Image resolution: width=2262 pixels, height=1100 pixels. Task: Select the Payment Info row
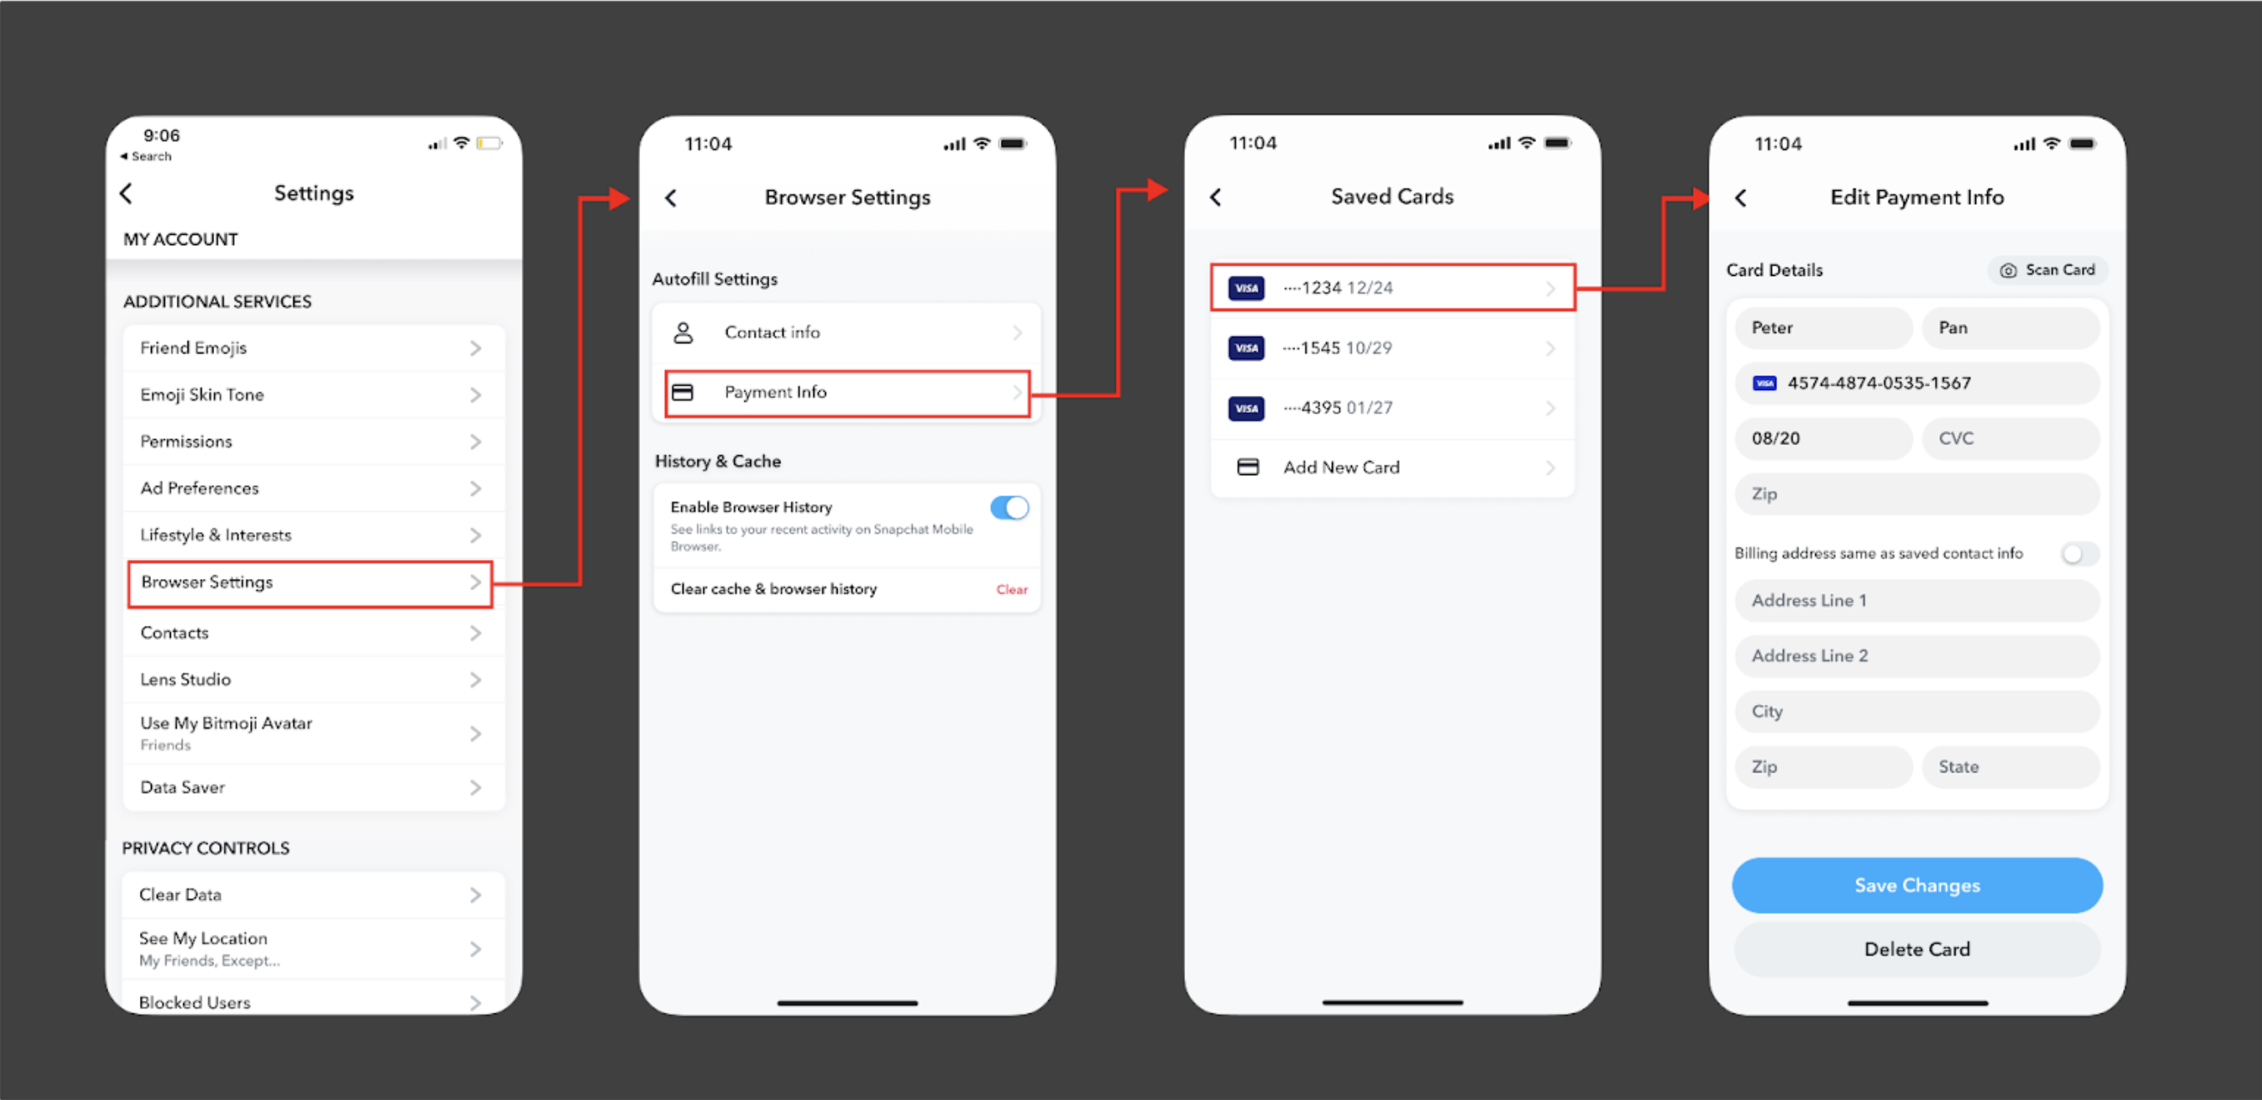coord(847,392)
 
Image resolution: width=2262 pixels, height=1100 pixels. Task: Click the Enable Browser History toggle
coord(1009,507)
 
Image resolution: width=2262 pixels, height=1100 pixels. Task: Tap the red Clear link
coord(1012,590)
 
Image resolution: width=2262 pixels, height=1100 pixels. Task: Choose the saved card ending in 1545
coord(1392,348)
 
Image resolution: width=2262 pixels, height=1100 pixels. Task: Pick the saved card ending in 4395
coord(1392,408)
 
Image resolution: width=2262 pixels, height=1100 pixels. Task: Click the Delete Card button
coord(1916,949)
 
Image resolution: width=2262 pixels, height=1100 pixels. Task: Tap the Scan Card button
coord(2049,270)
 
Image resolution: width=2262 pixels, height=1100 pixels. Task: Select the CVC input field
coord(2010,439)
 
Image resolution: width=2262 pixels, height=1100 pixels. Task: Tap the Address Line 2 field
coord(1916,656)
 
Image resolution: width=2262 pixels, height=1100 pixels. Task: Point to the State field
coord(2010,767)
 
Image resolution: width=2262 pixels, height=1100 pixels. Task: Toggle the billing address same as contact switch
coord(2078,554)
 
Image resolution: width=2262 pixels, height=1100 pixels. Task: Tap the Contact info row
coord(847,332)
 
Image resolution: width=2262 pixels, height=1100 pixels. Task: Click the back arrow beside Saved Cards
coord(1216,197)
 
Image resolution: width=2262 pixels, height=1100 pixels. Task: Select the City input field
coord(1916,712)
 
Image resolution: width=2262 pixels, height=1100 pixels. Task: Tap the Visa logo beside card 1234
coord(1246,288)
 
